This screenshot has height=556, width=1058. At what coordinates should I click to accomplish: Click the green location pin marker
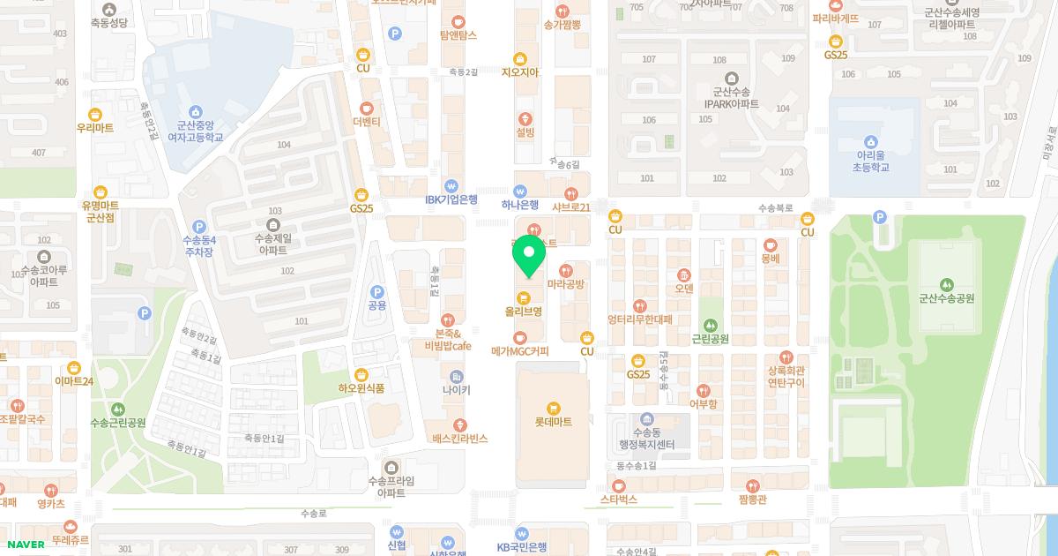529,255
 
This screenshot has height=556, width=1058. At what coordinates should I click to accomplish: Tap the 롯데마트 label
553,422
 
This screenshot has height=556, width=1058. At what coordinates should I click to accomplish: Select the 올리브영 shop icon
523,297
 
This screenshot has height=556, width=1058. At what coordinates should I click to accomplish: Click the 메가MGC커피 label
520,351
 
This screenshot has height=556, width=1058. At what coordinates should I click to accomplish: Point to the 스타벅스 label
618,500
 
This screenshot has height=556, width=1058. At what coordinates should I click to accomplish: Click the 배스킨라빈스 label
459,439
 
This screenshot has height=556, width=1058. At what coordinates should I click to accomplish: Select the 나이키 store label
457,390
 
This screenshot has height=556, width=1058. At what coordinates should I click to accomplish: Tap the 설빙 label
525,132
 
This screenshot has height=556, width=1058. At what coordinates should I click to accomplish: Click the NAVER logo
25,545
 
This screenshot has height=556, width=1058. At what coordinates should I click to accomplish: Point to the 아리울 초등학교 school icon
871,141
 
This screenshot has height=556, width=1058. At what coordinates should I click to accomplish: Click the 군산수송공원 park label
946,298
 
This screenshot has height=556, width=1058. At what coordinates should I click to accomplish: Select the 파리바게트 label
836,18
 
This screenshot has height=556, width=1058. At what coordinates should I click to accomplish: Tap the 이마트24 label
74,381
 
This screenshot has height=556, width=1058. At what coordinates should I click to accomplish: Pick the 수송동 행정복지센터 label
646,438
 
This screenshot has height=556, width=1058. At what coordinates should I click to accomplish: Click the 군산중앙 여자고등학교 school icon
195,112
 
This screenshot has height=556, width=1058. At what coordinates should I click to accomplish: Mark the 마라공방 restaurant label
566,284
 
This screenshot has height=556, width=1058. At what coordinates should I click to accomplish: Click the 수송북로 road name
775,209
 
